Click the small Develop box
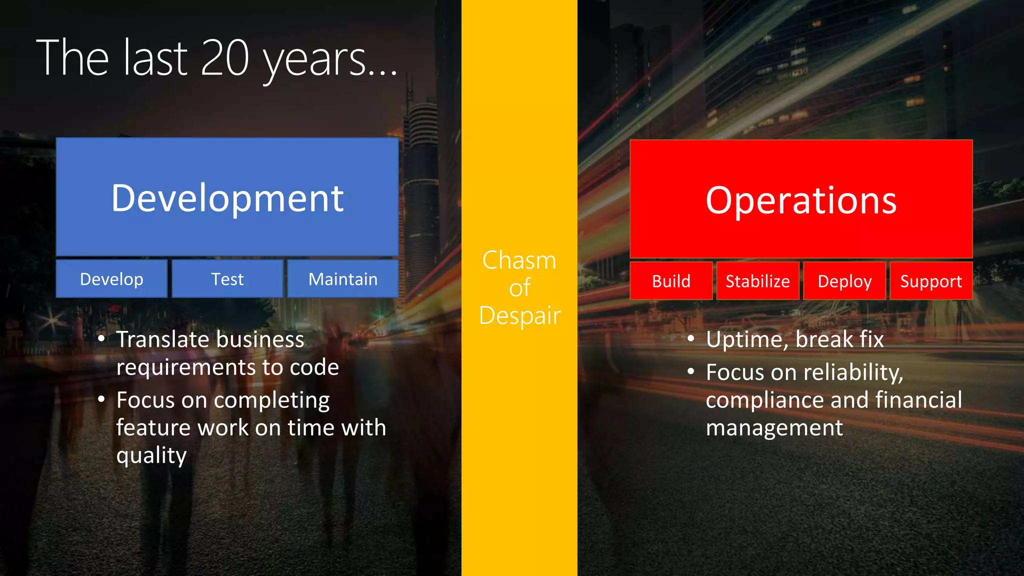111,279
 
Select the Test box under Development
227,279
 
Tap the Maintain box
343,279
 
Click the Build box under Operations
671,281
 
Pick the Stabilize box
757,281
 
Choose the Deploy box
844,281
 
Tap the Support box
931,281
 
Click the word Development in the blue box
227,198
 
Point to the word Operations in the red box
801,200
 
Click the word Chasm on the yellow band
519,260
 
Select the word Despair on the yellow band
519,316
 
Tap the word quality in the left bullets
151,455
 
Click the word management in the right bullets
774,428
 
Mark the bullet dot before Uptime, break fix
691,339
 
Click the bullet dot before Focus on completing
101,399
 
